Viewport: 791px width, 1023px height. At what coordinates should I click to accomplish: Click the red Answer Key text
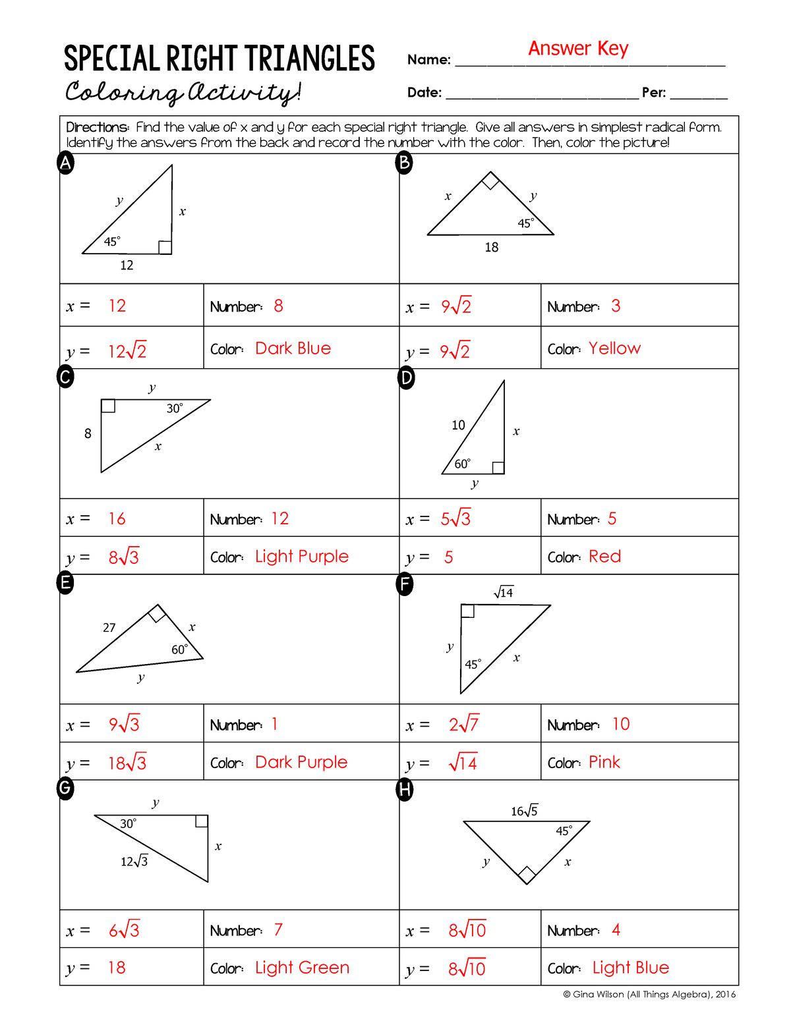point(578,49)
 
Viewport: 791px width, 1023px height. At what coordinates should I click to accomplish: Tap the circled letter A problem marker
point(65,163)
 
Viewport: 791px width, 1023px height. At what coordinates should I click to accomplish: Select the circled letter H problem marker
point(405,789)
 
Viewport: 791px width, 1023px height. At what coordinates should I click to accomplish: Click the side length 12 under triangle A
point(127,265)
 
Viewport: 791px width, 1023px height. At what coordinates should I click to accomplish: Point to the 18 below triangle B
point(492,248)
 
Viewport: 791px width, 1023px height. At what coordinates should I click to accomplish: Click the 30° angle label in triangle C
point(175,408)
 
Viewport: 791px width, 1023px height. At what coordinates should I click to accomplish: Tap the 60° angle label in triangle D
point(463,464)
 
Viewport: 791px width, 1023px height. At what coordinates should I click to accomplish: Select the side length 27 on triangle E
point(109,628)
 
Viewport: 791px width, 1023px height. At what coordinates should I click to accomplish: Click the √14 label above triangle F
point(504,592)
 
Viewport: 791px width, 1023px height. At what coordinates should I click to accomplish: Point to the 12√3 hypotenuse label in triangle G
point(134,861)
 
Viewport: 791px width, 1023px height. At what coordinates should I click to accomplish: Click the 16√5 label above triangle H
point(525,811)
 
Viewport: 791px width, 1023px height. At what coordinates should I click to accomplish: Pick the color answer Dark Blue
point(293,348)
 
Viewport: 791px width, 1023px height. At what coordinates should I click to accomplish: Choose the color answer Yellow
point(614,348)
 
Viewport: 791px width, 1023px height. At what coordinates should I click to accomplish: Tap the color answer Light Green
point(302,968)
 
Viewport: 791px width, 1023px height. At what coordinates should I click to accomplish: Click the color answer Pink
point(604,762)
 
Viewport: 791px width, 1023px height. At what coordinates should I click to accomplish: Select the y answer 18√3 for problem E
point(127,763)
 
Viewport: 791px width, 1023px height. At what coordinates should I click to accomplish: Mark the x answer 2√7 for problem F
point(464,725)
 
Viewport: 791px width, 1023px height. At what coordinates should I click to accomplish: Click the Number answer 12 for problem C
point(280,518)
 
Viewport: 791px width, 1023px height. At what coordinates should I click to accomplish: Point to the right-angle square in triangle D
point(498,468)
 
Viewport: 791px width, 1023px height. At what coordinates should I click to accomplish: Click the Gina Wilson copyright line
point(649,995)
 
